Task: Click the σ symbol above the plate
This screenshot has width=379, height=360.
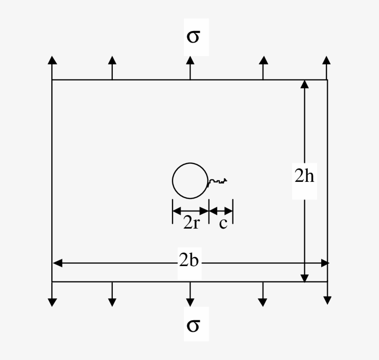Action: pos(193,37)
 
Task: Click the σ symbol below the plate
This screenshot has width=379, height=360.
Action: pos(193,325)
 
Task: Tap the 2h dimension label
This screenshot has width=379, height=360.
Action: pos(304,176)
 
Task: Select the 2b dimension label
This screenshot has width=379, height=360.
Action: pos(189,261)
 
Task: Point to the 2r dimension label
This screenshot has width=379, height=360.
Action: pos(191,223)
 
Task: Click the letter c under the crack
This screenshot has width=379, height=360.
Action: pos(223,223)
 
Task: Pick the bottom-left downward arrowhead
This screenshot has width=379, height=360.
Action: pos(52,302)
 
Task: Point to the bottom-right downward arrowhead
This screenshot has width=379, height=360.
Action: pos(327,300)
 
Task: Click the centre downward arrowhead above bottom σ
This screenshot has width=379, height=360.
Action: pos(190,302)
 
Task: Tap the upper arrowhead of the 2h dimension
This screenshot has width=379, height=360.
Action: pos(305,84)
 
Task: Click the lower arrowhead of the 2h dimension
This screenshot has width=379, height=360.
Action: pos(305,278)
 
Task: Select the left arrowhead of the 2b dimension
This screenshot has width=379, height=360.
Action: pos(57,263)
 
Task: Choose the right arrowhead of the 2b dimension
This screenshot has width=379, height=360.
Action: pos(325,263)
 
